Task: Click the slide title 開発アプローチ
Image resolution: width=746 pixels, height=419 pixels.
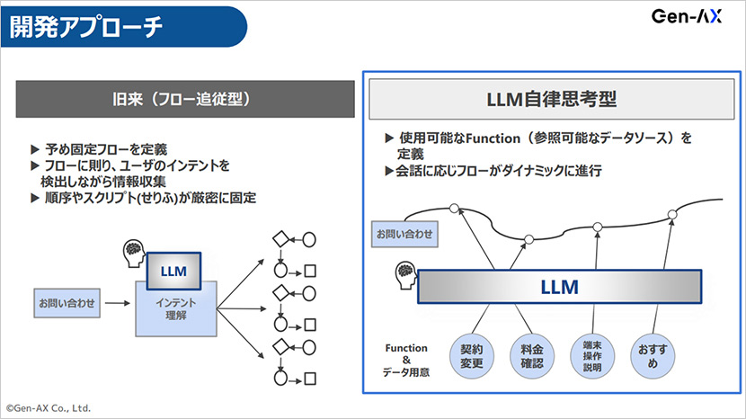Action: click(x=87, y=27)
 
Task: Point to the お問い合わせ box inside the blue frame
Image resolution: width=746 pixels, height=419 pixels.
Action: click(x=404, y=236)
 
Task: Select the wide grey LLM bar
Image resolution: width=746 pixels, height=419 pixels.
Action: click(x=558, y=288)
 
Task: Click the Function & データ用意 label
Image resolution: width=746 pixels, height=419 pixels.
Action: click(x=406, y=359)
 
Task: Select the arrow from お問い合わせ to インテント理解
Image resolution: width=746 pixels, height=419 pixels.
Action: click(x=117, y=304)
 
